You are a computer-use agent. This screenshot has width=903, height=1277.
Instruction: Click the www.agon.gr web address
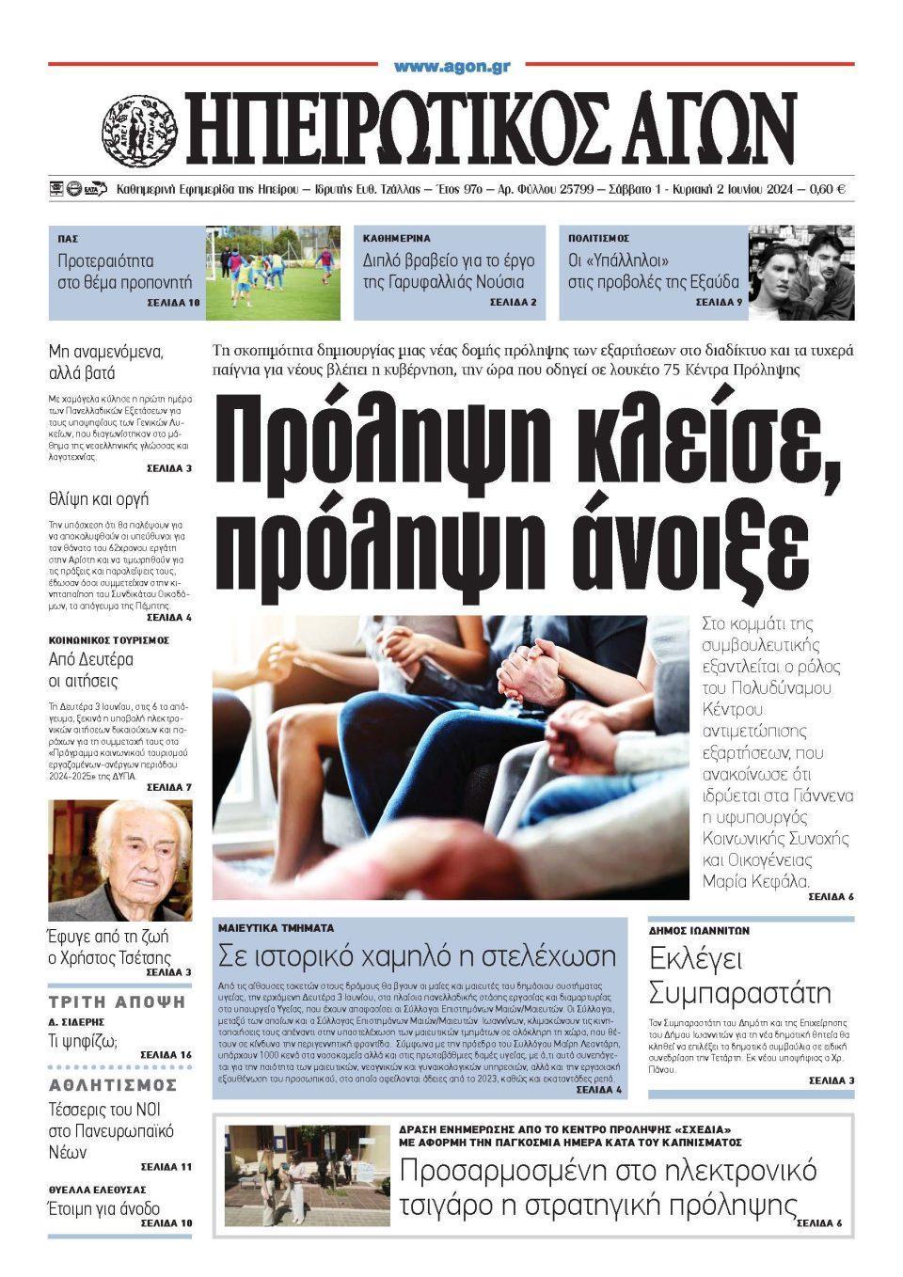pos(451,67)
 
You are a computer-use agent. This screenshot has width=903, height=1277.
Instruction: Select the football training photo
pos(273,273)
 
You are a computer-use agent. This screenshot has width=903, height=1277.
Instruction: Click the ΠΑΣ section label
pos(67,239)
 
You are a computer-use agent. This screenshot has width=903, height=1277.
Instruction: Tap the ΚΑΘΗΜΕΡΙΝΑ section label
pos(396,239)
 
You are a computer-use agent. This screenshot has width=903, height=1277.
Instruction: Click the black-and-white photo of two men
pos(801,273)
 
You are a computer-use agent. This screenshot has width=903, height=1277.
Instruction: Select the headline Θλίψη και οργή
pos(98,498)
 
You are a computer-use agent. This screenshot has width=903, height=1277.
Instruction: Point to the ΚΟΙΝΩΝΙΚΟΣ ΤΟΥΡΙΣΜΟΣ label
pos(108,639)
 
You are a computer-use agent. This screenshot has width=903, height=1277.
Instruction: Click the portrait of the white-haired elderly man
pos(120,859)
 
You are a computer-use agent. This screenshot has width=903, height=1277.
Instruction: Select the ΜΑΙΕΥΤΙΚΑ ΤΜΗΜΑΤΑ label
pos(276,927)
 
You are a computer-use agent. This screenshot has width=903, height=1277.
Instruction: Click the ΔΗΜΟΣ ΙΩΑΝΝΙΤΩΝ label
pos(699,930)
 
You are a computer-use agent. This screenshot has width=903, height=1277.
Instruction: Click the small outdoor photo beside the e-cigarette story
pos(307,1175)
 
